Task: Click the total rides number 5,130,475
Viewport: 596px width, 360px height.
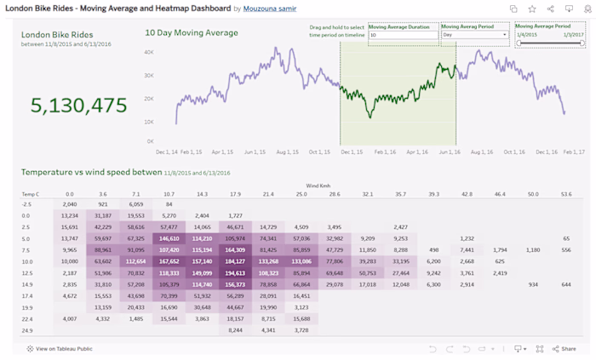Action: [79, 106]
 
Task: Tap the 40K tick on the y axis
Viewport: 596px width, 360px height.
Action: [148, 52]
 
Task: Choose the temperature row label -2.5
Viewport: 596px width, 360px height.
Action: [27, 204]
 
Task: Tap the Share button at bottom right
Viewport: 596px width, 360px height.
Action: [564, 349]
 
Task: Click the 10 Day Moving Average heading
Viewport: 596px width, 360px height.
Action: [191, 33]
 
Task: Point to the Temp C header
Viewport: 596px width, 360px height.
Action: [31, 194]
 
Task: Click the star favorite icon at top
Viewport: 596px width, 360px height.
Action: [532, 9]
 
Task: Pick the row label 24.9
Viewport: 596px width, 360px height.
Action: [27, 329]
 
